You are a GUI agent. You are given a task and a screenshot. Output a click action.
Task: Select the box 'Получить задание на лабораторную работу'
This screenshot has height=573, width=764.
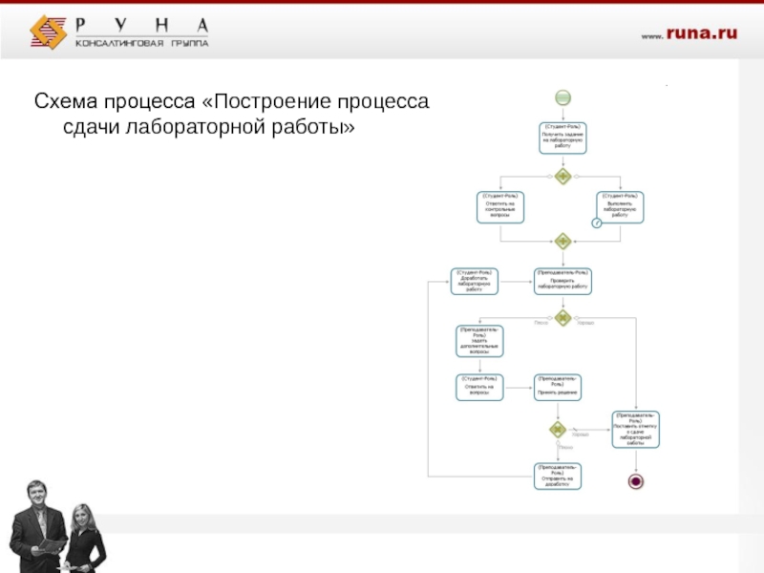562,138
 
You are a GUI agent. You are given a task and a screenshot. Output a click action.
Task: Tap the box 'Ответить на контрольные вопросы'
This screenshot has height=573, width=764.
500,206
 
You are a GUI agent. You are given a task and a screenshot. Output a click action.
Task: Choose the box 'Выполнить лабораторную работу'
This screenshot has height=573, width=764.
622,206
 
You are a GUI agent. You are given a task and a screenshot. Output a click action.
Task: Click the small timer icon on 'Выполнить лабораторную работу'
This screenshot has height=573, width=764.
597,223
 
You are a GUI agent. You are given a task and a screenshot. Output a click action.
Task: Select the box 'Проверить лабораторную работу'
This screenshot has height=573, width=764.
562,281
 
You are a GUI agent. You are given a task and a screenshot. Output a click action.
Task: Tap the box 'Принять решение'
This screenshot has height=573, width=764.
559,387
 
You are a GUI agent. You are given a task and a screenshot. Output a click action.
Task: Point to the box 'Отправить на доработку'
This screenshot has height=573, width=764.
559,476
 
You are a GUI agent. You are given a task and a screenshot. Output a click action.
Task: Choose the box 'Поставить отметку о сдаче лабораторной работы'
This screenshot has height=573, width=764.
636,430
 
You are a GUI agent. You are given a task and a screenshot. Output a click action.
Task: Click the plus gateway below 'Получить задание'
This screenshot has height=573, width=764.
562,177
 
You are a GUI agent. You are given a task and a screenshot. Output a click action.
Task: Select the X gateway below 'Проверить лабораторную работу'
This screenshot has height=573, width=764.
562,318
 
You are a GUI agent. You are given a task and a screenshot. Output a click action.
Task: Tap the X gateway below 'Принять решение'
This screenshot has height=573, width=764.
559,430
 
